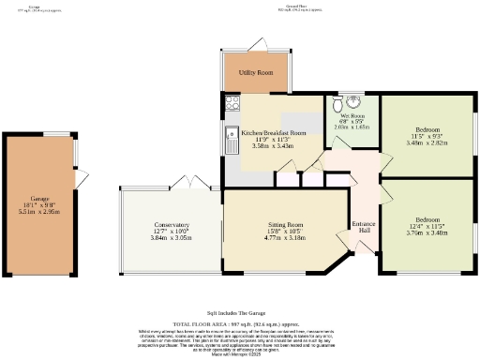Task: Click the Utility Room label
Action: pyautogui.click(x=253, y=72)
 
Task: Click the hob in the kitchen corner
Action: pyautogui.click(x=230, y=105)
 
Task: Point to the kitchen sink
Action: pyautogui.click(x=230, y=142)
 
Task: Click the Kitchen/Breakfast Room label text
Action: pyautogui.click(x=274, y=133)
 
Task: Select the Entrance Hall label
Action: pyautogui.click(x=364, y=227)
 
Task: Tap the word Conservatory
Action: pyautogui.click(x=171, y=225)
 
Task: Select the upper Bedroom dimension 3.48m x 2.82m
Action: pyautogui.click(x=427, y=143)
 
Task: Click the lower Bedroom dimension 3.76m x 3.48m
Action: pyautogui.click(x=427, y=234)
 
